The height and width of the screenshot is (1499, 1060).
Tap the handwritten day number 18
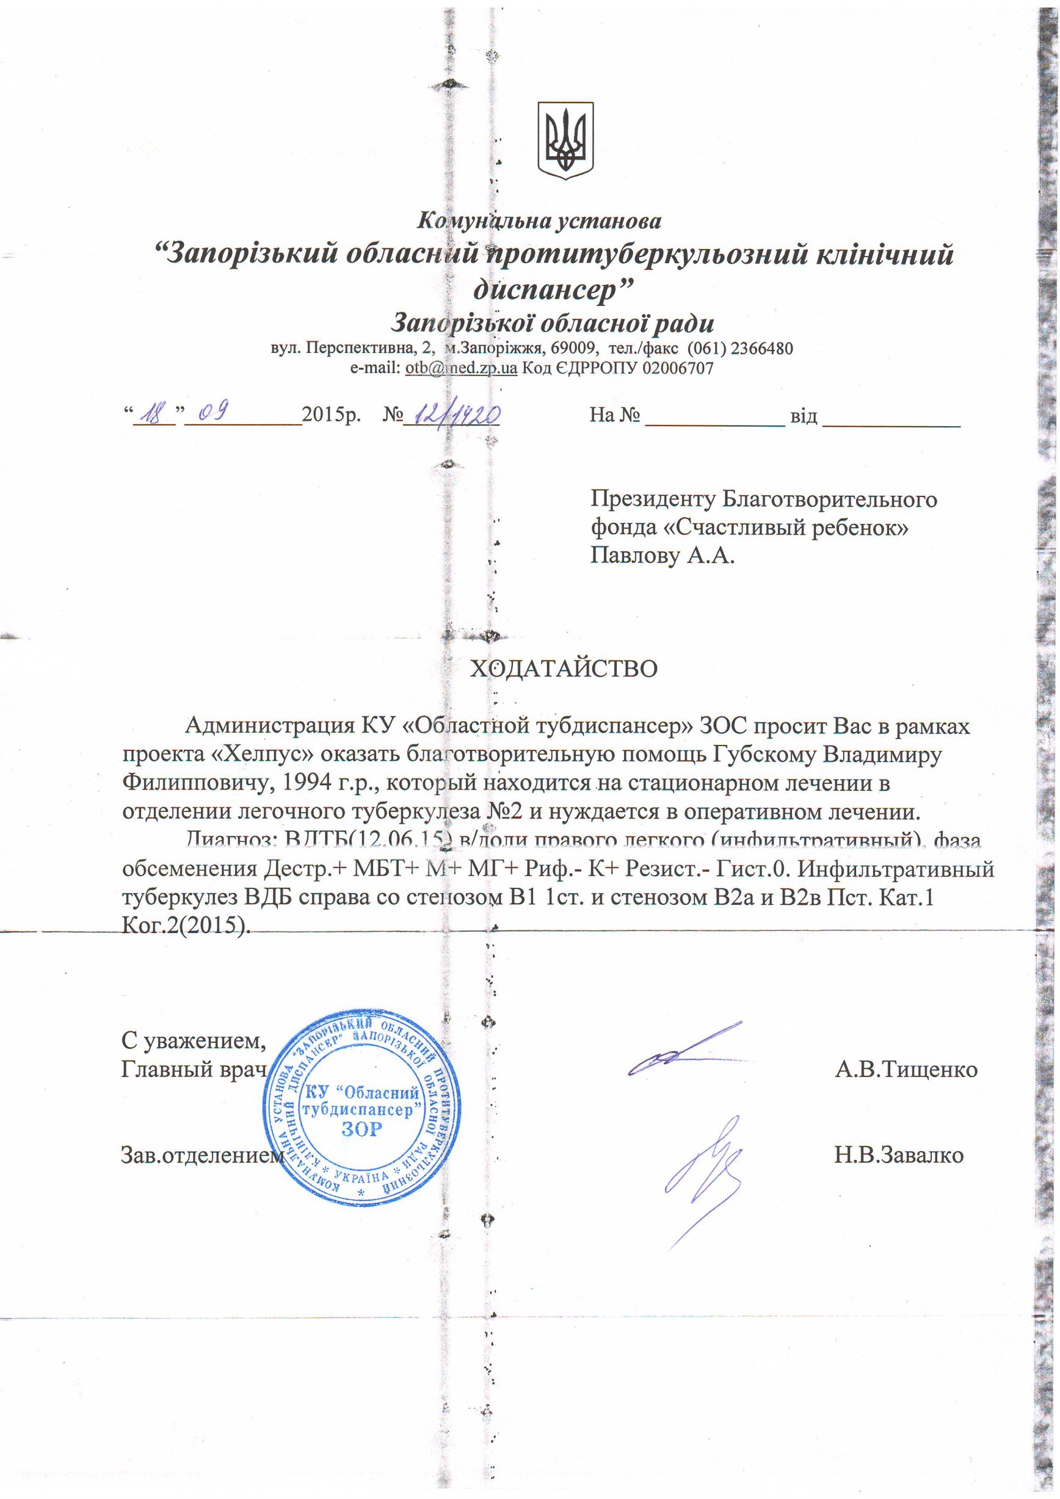(x=154, y=414)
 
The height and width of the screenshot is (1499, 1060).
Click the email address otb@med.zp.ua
(x=461, y=368)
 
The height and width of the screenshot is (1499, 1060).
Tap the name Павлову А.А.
(x=662, y=556)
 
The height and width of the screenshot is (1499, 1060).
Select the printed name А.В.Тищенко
(x=906, y=1070)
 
